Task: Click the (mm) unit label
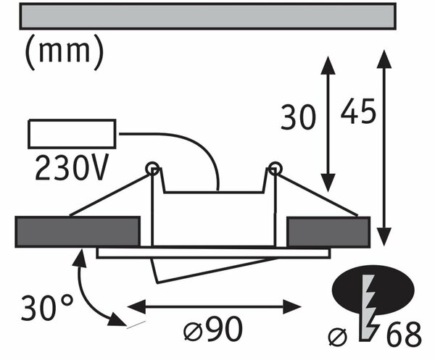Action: [x=65, y=52]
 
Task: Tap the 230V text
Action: [x=71, y=167]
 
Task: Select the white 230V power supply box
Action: [x=72, y=134]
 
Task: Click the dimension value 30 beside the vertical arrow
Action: [x=298, y=117]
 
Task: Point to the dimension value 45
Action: [x=358, y=111]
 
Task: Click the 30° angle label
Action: [x=47, y=308]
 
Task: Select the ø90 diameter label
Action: [x=213, y=330]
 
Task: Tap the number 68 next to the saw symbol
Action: [x=404, y=334]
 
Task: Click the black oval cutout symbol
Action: [x=373, y=290]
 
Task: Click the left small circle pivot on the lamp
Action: [x=152, y=169]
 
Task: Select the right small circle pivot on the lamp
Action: [x=275, y=169]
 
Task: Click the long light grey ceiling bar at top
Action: [x=208, y=16]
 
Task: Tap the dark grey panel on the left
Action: [x=78, y=232]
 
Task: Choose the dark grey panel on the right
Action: [x=328, y=232]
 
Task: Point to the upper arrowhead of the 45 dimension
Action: [x=384, y=59]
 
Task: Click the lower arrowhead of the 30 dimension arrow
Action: [x=328, y=183]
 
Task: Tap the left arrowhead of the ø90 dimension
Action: [x=136, y=307]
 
